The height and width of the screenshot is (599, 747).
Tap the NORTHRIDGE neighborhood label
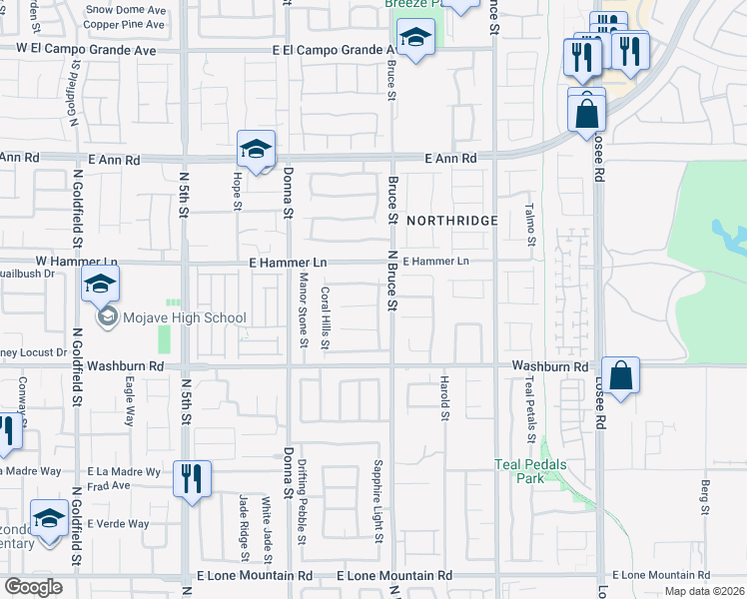pyautogui.click(x=451, y=220)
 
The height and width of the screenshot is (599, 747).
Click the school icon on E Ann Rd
pyautogui.click(x=256, y=151)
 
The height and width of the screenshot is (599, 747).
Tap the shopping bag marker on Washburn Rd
pyautogui.click(x=620, y=376)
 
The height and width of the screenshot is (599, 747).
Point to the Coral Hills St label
pyautogui.click(x=325, y=318)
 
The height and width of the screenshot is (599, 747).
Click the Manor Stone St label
pyautogui.click(x=304, y=313)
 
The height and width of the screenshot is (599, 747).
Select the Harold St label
pyautogui.click(x=443, y=396)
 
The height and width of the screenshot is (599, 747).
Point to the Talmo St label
pyautogui.click(x=530, y=225)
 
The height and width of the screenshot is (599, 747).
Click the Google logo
pyautogui.click(x=33, y=587)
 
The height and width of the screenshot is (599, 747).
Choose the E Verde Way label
pyautogui.click(x=118, y=523)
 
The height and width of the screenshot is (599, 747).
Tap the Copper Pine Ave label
pyautogui.click(x=124, y=24)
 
